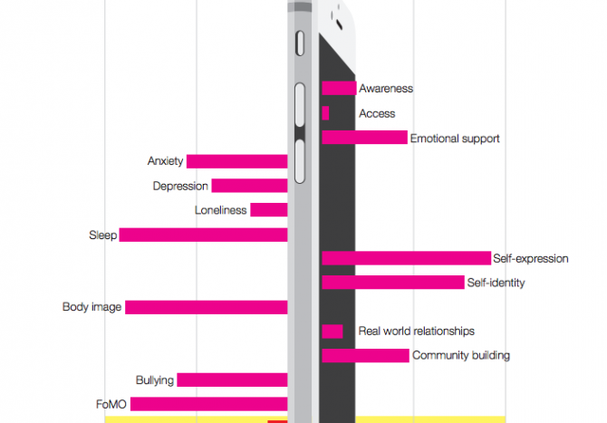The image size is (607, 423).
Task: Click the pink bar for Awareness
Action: click(x=339, y=88)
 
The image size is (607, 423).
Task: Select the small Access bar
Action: click(x=325, y=113)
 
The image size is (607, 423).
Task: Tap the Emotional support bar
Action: click(x=365, y=138)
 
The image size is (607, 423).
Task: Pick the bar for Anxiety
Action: click(x=237, y=161)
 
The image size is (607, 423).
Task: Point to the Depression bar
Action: click(x=250, y=186)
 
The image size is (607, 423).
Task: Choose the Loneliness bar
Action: click(x=269, y=210)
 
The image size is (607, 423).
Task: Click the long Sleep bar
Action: click(x=203, y=235)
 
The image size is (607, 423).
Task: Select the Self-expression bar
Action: click(x=407, y=258)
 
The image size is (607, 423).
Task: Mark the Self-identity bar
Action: click(x=393, y=283)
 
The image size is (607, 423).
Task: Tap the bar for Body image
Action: click(x=207, y=307)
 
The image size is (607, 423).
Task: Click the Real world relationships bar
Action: click(x=332, y=332)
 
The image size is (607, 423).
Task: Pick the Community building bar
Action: click(x=365, y=356)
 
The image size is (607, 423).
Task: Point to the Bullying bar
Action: click(x=232, y=380)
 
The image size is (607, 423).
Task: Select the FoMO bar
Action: click(x=209, y=404)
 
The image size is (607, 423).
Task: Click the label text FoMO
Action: click(x=111, y=404)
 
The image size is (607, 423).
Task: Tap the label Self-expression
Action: click(x=531, y=258)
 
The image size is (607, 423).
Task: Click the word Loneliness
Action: click(x=221, y=210)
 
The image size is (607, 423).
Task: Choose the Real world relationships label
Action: click(x=417, y=331)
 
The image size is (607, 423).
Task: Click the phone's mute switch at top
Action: click(x=300, y=43)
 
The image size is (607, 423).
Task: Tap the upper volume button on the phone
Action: click(x=300, y=104)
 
